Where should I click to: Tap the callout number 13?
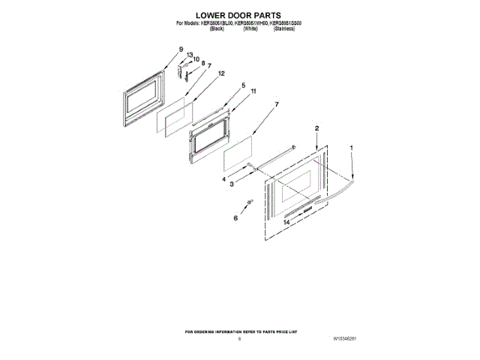tap(190, 54)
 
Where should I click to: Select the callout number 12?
tap(221, 74)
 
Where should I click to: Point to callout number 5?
tap(243, 85)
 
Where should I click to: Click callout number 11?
tap(254, 91)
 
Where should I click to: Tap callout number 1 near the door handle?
tap(352, 148)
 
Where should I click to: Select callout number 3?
tap(232, 184)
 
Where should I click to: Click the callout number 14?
tap(286, 223)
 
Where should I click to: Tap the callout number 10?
tap(197, 59)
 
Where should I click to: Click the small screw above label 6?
tap(250, 202)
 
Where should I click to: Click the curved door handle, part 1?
tap(337, 192)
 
